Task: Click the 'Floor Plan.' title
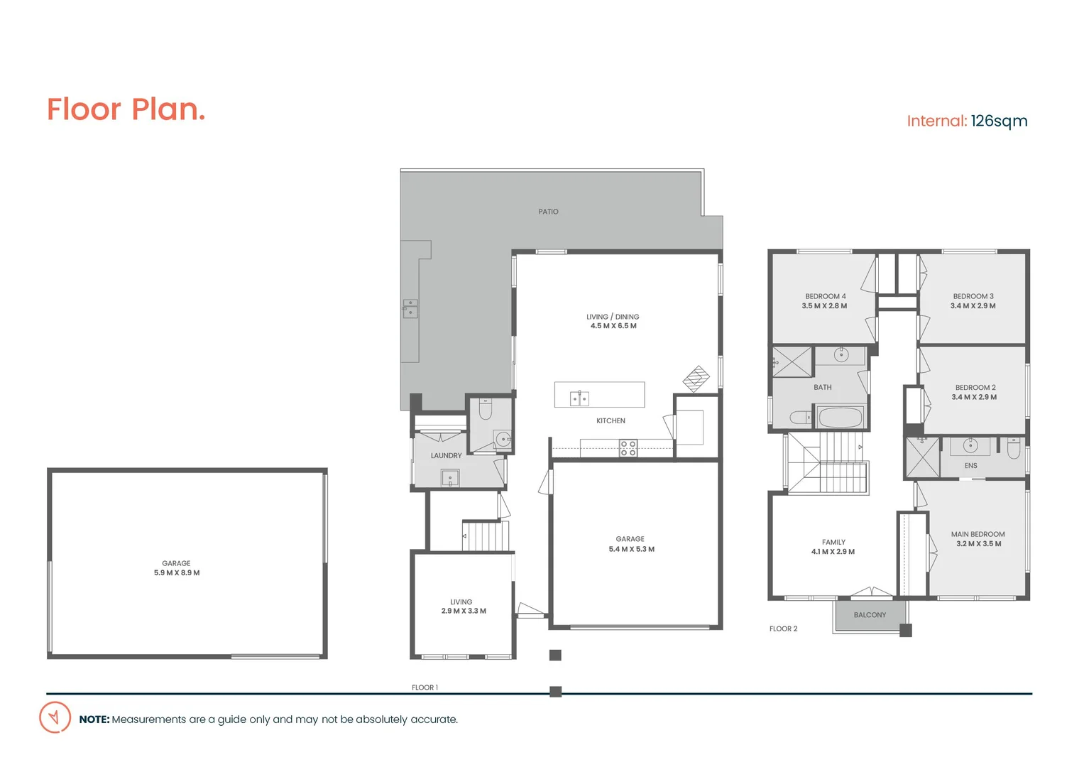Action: [126, 109]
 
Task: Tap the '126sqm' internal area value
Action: [999, 121]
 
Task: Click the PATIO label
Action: [548, 212]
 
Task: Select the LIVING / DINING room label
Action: [613, 317]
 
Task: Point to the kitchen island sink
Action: [579, 398]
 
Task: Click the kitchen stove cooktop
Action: [628, 448]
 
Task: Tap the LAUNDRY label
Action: [446, 456]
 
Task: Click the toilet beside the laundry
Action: [486, 410]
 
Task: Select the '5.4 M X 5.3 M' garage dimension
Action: [631, 549]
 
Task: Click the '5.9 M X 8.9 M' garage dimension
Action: [177, 572]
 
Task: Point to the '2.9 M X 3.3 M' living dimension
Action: [464, 611]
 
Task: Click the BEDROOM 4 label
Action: [825, 296]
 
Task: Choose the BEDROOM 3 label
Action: [973, 296]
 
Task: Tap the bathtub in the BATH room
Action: [841, 418]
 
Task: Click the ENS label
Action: [970, 466]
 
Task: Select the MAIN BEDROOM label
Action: [978, 534]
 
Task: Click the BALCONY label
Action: [870, 615]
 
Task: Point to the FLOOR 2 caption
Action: [783, 629]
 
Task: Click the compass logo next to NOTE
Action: [55, 717]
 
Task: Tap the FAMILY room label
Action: [833, 542]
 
